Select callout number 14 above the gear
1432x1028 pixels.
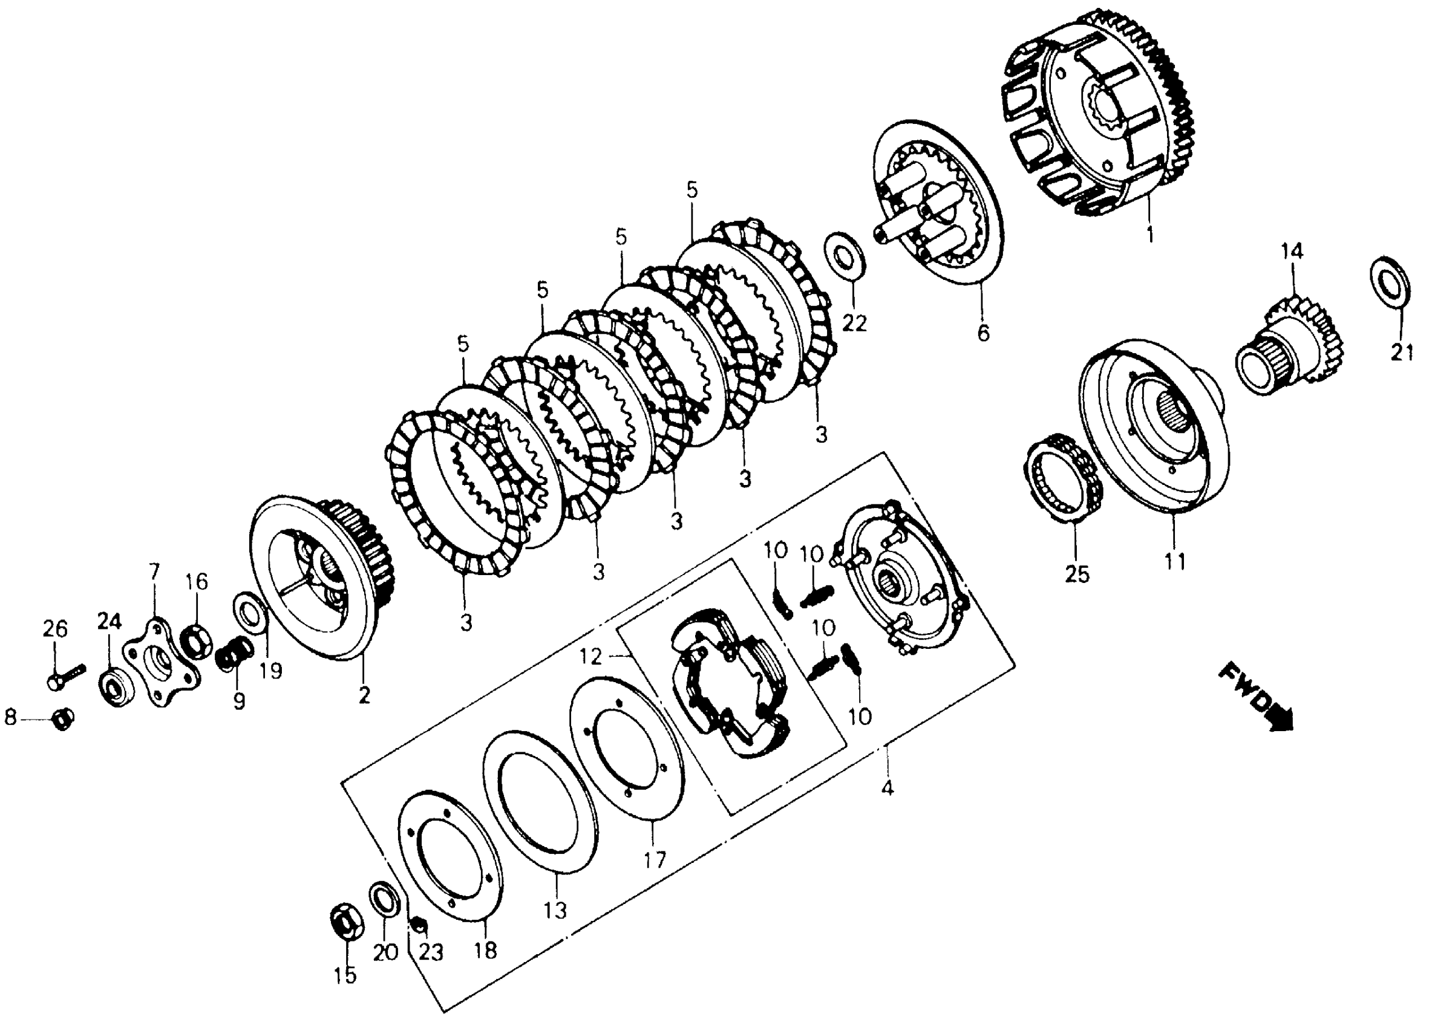1292,252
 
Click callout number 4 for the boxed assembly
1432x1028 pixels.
887,788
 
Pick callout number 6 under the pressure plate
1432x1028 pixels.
983,332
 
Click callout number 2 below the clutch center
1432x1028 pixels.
364,695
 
